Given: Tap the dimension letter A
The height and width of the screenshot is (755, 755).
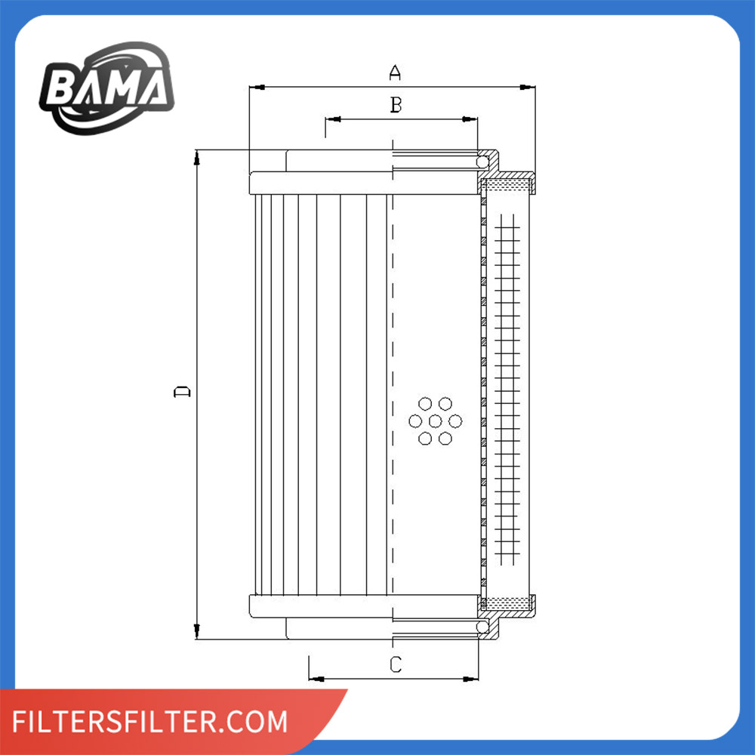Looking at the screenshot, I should pyautogui.click(x=394, y=72).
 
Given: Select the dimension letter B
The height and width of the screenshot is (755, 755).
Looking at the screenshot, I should pyautogui.click(x=395, y=105).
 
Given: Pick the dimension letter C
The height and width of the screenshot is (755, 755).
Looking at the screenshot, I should pyautogui.click(x=395, y=664).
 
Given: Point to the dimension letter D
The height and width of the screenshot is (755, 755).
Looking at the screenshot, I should pyautogui.click(x=182, y=392).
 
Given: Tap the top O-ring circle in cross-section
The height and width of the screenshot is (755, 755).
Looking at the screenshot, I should pyautogui.click(x=482, y=162).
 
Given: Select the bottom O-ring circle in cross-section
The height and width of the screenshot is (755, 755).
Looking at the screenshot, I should pyautogui.click(x=482, y=627).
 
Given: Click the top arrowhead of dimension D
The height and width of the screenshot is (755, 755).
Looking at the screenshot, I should pyautogui.click(x=196, y=156).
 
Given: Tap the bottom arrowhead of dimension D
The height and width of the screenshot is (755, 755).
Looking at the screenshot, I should pyautogui.click(x=196, y=633).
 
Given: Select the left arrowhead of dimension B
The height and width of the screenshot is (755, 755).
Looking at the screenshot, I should pyautogui.click(x=331, y=119).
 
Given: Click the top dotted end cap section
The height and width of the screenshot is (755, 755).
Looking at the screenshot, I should pyautogui.click(x=508, y=183).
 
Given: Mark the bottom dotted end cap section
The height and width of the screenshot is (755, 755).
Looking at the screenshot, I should pyautogui.click(x=508, y=603).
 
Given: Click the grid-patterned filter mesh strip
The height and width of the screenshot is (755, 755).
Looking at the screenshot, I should pyautogui.click(x=507, y=393).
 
